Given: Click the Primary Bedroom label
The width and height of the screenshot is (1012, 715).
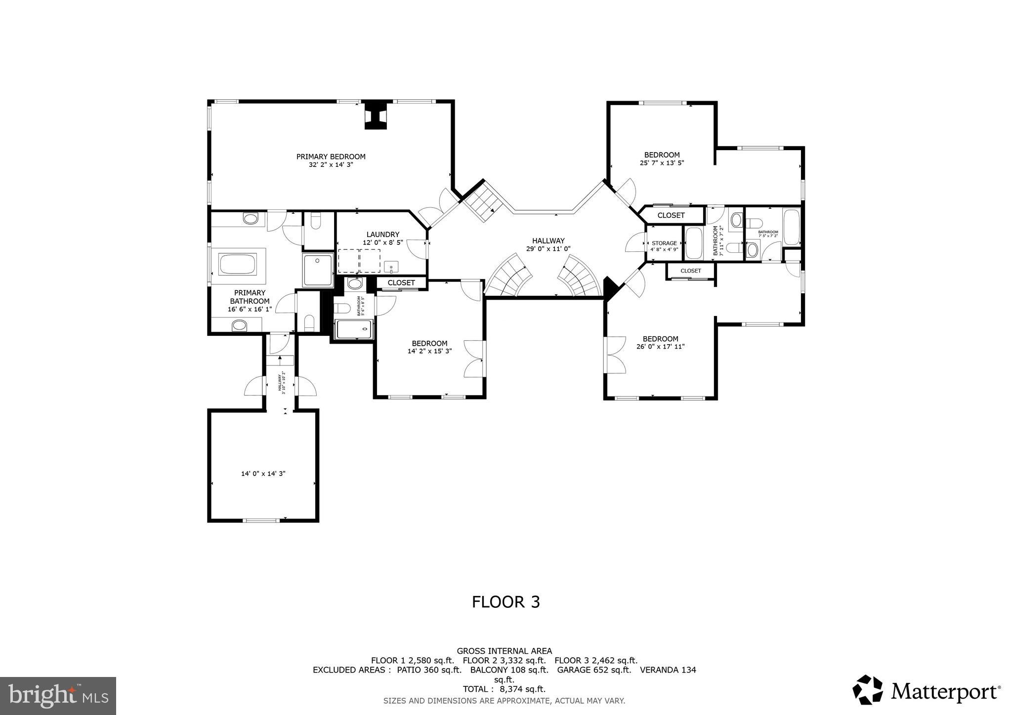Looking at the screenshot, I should pos(331,157).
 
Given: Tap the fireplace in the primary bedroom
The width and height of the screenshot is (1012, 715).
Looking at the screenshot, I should pos(376,116).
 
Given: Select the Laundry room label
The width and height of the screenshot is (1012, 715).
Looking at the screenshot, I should pos(382,235).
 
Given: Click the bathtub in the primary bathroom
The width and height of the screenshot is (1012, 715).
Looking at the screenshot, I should pos(238,264).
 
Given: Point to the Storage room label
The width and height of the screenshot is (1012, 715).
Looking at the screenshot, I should pos(664,243).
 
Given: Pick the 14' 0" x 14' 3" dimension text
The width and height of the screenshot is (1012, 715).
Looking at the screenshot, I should pos(263,474).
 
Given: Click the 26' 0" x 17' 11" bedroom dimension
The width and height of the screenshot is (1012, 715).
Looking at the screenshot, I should pos(660,347).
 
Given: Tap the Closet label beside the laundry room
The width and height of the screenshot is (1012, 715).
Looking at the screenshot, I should pos(401,283).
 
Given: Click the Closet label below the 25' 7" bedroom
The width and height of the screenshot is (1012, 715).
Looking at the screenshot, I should pos(671,215).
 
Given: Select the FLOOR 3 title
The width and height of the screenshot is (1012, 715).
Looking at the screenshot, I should pos(506,602).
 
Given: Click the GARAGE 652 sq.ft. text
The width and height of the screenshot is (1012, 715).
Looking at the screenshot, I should pos(594,670).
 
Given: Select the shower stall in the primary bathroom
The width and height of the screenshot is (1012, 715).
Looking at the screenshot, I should pos(318,270).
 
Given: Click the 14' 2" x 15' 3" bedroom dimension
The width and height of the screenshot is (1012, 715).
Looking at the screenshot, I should pos(429,351).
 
